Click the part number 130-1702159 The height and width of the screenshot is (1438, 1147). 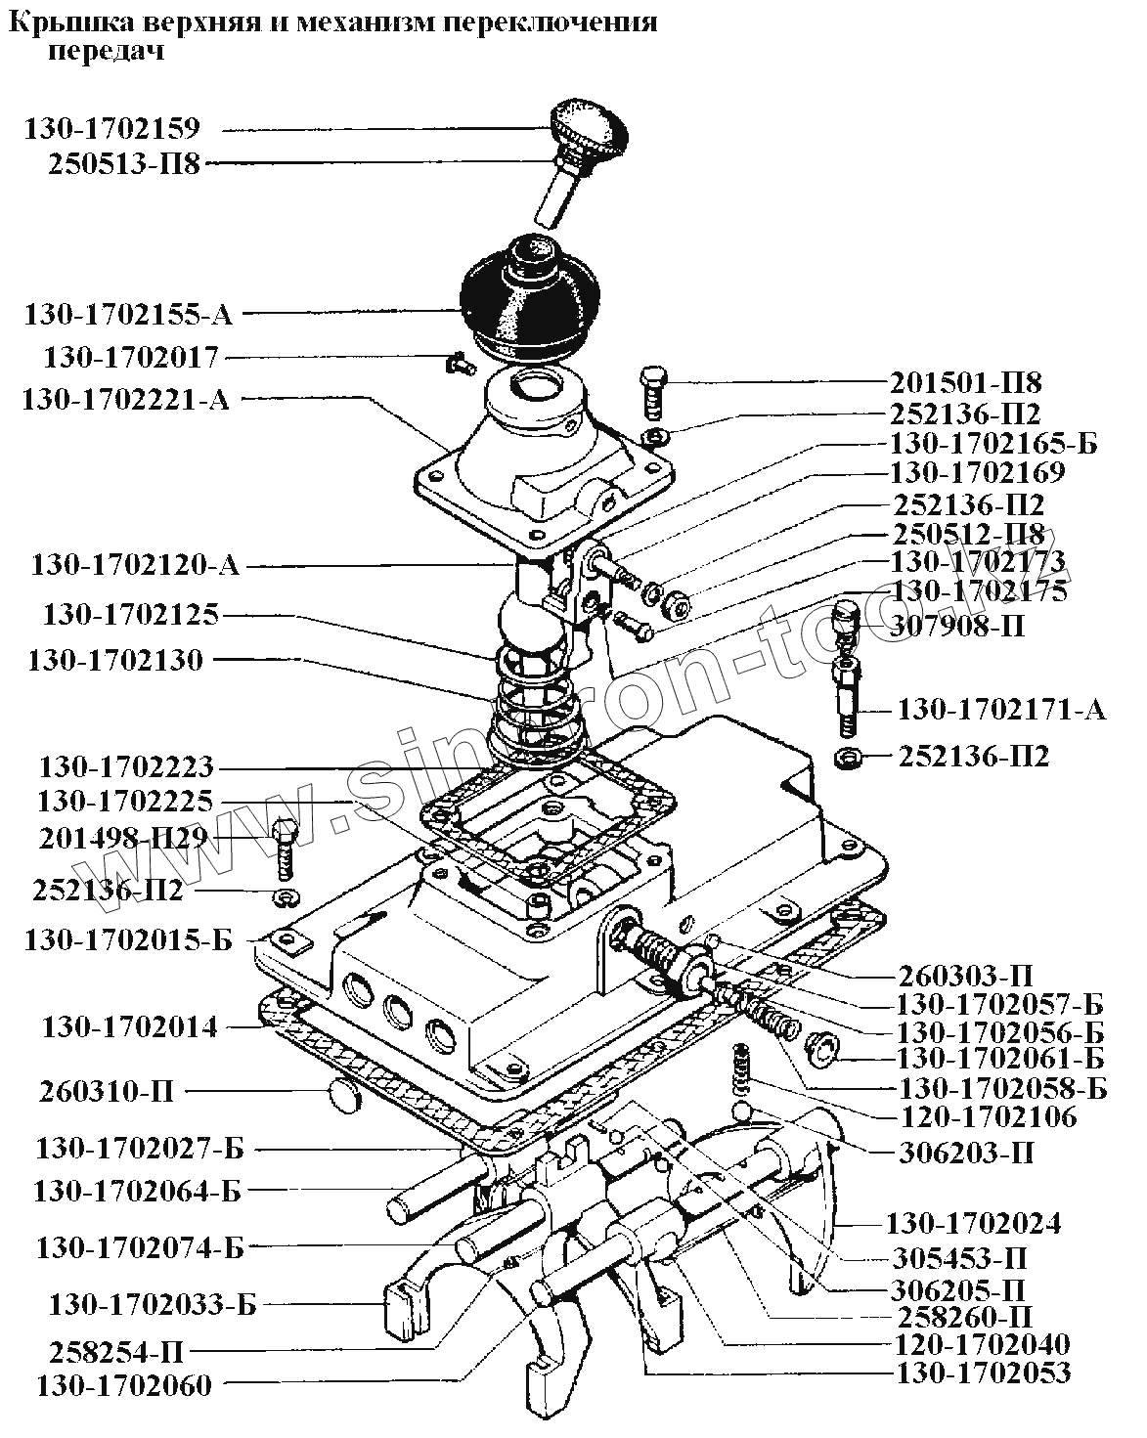click(112, 129)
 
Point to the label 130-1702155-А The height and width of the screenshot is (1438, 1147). click(128, 314)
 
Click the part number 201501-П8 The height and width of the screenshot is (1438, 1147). click(966, 383)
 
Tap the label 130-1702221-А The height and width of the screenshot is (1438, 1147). click(126, 400)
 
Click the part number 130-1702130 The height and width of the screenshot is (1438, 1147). click(115, 660)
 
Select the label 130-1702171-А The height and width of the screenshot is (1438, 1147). click(1001, 709)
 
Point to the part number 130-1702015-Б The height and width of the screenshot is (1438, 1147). click(128, 940)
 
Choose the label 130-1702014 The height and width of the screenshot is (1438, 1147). click(130, 1027)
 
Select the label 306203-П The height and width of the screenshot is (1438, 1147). click(966, 1153)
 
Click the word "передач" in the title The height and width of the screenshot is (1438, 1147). click(106, 51)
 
